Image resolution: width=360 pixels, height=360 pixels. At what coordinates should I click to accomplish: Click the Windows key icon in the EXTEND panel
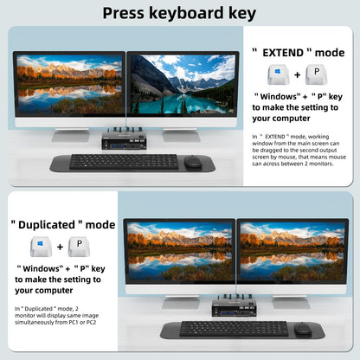click(276, 74)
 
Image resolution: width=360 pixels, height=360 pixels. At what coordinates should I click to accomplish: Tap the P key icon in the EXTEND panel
click(317, 74)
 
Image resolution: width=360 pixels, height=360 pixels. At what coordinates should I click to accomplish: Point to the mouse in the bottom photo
click(303, 329)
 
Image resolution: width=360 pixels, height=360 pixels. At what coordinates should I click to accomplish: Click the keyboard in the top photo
click(125, 161)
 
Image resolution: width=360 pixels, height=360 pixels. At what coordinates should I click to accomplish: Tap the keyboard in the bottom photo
click(235, 329)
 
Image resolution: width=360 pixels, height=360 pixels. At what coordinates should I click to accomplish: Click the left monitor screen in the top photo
click(68, 85)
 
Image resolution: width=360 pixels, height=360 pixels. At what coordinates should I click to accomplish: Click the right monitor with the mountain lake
click(183, 85)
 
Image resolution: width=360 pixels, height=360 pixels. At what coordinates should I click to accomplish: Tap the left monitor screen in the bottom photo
click(178, 252)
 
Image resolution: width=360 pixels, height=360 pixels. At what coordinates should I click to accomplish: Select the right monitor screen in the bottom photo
click(292, 252)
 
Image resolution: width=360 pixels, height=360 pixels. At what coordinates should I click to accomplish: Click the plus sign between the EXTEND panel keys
click(297, 75)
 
